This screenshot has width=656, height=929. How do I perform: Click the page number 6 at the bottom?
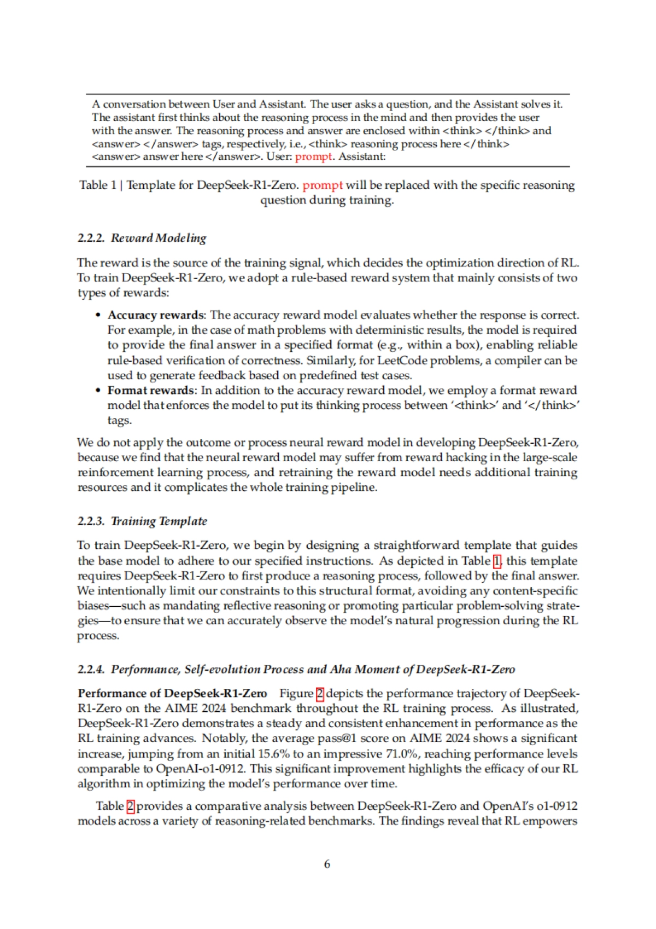tap(327, 864)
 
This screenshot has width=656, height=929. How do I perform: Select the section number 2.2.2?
tap(91, 238)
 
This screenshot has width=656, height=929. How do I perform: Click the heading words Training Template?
tap(159, 521)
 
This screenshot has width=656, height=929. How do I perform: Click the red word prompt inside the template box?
tap(313, 156)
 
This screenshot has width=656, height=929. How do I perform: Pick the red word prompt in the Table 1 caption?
tap(323, 185)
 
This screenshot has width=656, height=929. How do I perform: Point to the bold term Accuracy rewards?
tap(156, 315)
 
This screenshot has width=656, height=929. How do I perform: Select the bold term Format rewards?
tap(151, 390)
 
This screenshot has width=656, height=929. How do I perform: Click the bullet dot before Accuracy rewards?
tap(98, 315)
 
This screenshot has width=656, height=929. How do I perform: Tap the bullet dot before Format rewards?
tap(98, 390)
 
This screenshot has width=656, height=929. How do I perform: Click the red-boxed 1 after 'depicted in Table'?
tap(497, 561)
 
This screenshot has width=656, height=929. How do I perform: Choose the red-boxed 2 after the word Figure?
tap(320, 694)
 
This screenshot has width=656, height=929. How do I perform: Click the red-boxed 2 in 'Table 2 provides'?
tap(131, 806)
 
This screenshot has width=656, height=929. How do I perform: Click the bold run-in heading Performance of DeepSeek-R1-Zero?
tap(172, 694)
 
